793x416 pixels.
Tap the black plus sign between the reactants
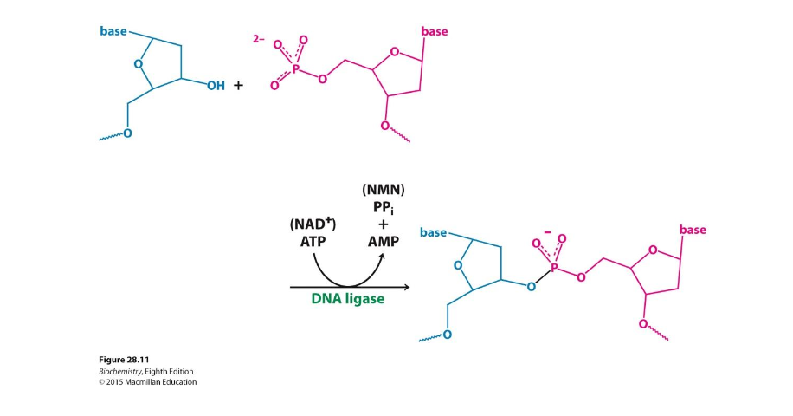pyautogui.click(x=238, y=87)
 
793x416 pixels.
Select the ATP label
pyautogui.click(x=313, y=241)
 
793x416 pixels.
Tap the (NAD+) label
pyautogui.click(x=313, y=224)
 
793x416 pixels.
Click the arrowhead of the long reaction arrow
pyautogui.click(x=405, y=286)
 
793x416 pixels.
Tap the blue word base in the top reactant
pyautogui.click(x=113, y=32)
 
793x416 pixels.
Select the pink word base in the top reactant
pyautogui.click(x=435, y=32)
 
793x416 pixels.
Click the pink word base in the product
pyautogui.click(x=693, y=230)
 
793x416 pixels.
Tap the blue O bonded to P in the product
pyautogui.click(x=531, y=285)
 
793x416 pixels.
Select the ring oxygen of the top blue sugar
pyautogui.click(x=139, y=62)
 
